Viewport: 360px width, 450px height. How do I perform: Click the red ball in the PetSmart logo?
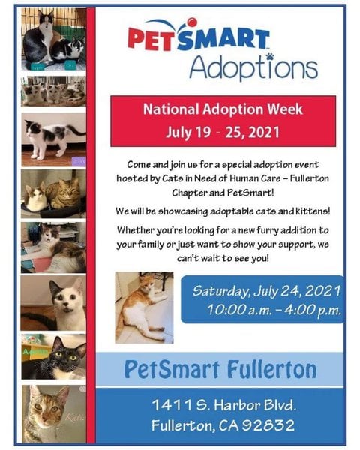(x=192, y=22)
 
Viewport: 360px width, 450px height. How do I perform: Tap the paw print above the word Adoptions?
(x=269, y=56)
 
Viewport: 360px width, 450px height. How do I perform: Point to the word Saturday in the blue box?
(x=220, y=291)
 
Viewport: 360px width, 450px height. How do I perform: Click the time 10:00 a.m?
(x=239, y=310)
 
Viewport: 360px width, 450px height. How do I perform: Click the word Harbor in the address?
(x=236, y=405)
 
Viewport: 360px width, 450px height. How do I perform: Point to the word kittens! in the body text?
(x=313, y=211)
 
